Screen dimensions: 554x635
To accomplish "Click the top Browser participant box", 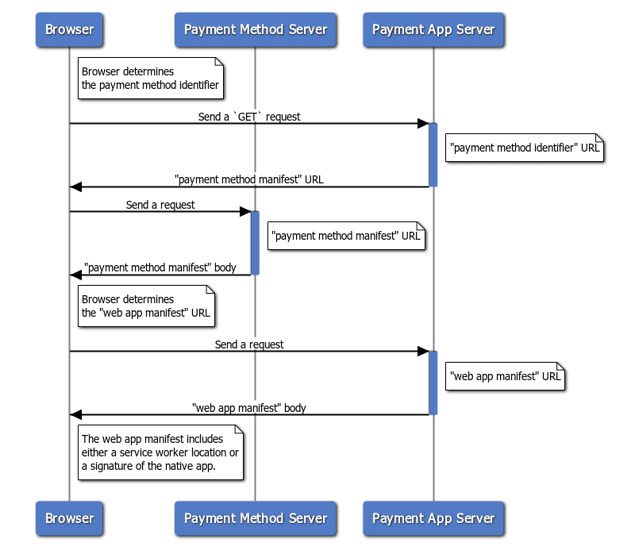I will click(x=69, y=30).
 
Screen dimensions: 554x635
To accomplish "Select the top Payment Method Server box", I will click(x=256, y=30).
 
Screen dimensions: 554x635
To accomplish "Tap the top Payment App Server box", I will click(x=433, y=30).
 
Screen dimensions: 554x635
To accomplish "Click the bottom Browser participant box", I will click(x=69, y=518).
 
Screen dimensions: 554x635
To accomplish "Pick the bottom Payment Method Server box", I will click(x=256, y=518).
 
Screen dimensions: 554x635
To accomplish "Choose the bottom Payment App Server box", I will click(x=433, y=518).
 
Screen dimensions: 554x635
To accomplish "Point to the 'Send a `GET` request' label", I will click(x=249, y=117).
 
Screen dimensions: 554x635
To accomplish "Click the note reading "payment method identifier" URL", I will click(x=525, y=148).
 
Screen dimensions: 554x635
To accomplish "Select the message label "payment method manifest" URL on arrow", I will click(x=249, y=179).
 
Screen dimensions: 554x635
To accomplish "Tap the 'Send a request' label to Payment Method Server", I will click(x=160, y=205).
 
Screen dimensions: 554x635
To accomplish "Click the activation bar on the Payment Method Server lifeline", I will click(x=256, y=243).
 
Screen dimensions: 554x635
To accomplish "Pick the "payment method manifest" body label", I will click(x=160, y=267).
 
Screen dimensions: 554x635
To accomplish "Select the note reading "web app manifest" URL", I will click(x=506, y=376).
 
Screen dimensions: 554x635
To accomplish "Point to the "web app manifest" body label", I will click(x=249, y=408).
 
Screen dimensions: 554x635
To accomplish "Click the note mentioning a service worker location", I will click(x=160, y=452).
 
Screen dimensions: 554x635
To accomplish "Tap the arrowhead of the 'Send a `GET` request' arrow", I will click(x=424, y=124).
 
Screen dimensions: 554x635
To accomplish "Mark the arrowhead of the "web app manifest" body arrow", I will click(x=75, y=414).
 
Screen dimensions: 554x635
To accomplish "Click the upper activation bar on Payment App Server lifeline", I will click(x=433, y=155).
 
